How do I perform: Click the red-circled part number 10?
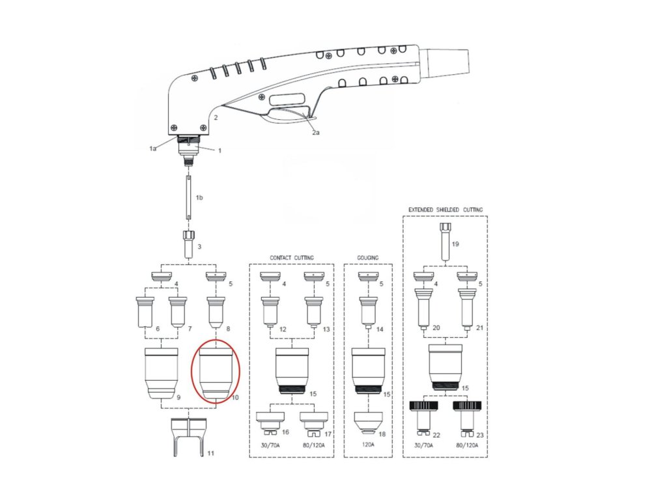point(215,373)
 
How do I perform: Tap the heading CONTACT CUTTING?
point(292,258)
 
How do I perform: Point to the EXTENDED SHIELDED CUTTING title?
point(446,210)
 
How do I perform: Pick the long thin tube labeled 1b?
point(188,196)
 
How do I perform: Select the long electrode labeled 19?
point(446,242)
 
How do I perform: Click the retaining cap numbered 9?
point(161,373)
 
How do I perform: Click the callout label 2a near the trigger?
point(315,132)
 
